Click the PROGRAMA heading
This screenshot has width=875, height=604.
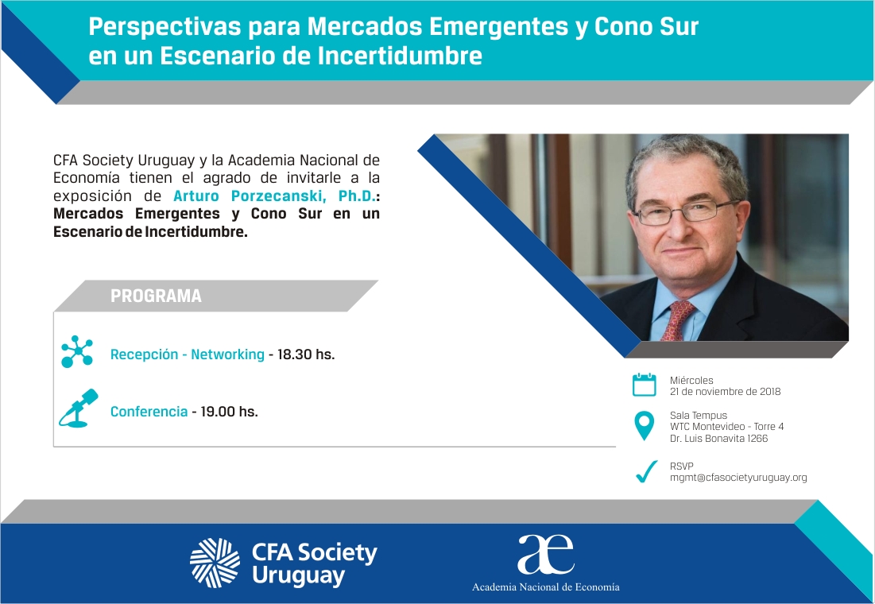click(156, 296)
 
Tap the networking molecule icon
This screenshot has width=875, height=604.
click(77, 352)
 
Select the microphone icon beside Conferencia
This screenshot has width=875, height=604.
click(78, 408)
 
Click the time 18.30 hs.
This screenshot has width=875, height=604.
click(306, 354)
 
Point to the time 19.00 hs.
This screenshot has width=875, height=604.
click(230, 412)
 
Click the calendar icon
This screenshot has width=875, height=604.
click(644, 385)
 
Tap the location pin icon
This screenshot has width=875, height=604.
click(645, 426)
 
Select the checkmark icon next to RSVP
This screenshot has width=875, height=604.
click(646, 472)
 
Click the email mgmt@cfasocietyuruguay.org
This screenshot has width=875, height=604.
click(738, 478)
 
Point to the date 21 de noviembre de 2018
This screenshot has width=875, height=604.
click(725, 391)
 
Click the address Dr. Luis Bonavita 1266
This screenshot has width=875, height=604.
click(718, 438)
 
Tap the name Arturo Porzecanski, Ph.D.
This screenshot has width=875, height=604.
click(275, 196)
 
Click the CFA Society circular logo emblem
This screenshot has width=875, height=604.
click(215, 563)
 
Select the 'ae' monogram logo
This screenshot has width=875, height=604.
click(545, 554)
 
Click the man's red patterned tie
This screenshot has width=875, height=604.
click(677, 319)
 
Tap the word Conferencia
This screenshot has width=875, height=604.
click(149, 412)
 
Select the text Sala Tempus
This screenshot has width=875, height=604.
click(698, 416)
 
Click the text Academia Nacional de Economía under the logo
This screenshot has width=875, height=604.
click(546, 587)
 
